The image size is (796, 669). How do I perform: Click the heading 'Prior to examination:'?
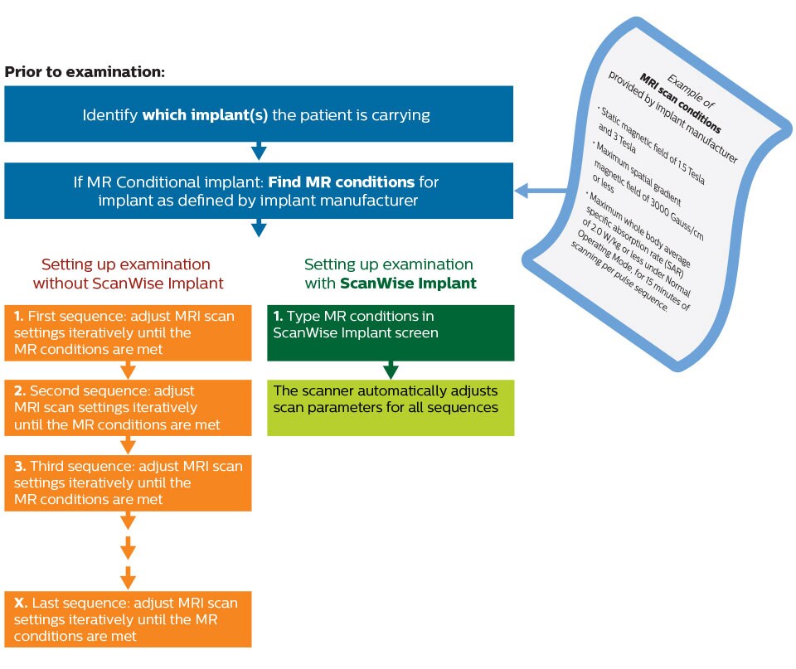click(x=85, y=71)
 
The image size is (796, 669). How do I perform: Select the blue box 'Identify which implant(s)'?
click(x=259, y=114)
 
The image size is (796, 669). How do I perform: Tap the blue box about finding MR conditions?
click(x=259, y=191)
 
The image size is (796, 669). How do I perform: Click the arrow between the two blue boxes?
click(x=259, y=151)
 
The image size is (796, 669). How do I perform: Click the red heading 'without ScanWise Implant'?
click(x=126, y=274)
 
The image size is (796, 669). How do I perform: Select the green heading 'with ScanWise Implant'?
click(x=389, y=274)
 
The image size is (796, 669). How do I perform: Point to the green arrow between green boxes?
click(x=390, y=370)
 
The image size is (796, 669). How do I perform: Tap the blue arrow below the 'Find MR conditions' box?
click(x=259, y=227)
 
